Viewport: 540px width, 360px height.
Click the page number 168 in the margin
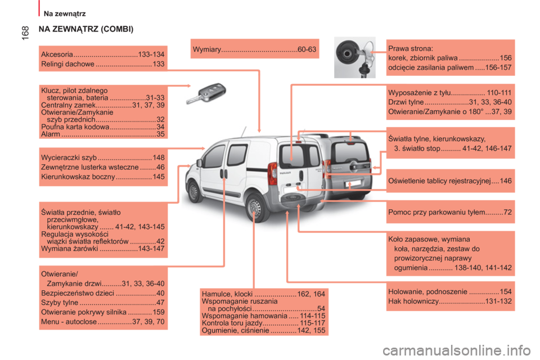(25, 33)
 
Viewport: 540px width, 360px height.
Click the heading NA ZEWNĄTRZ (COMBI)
(86, 29)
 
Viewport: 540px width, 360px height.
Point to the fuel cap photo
(355, 57)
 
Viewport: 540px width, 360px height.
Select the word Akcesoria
(57, 55)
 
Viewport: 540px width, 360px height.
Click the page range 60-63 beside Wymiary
(307, 49)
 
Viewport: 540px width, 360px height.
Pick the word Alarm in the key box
(51, 134)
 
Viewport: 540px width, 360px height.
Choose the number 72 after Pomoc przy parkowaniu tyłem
(507, 212)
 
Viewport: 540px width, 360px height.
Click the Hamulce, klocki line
(263, 294)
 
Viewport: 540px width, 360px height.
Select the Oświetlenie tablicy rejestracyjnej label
(439, 181)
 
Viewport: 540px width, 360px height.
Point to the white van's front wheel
(193, 192)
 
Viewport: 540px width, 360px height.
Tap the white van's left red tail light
(272, 173)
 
